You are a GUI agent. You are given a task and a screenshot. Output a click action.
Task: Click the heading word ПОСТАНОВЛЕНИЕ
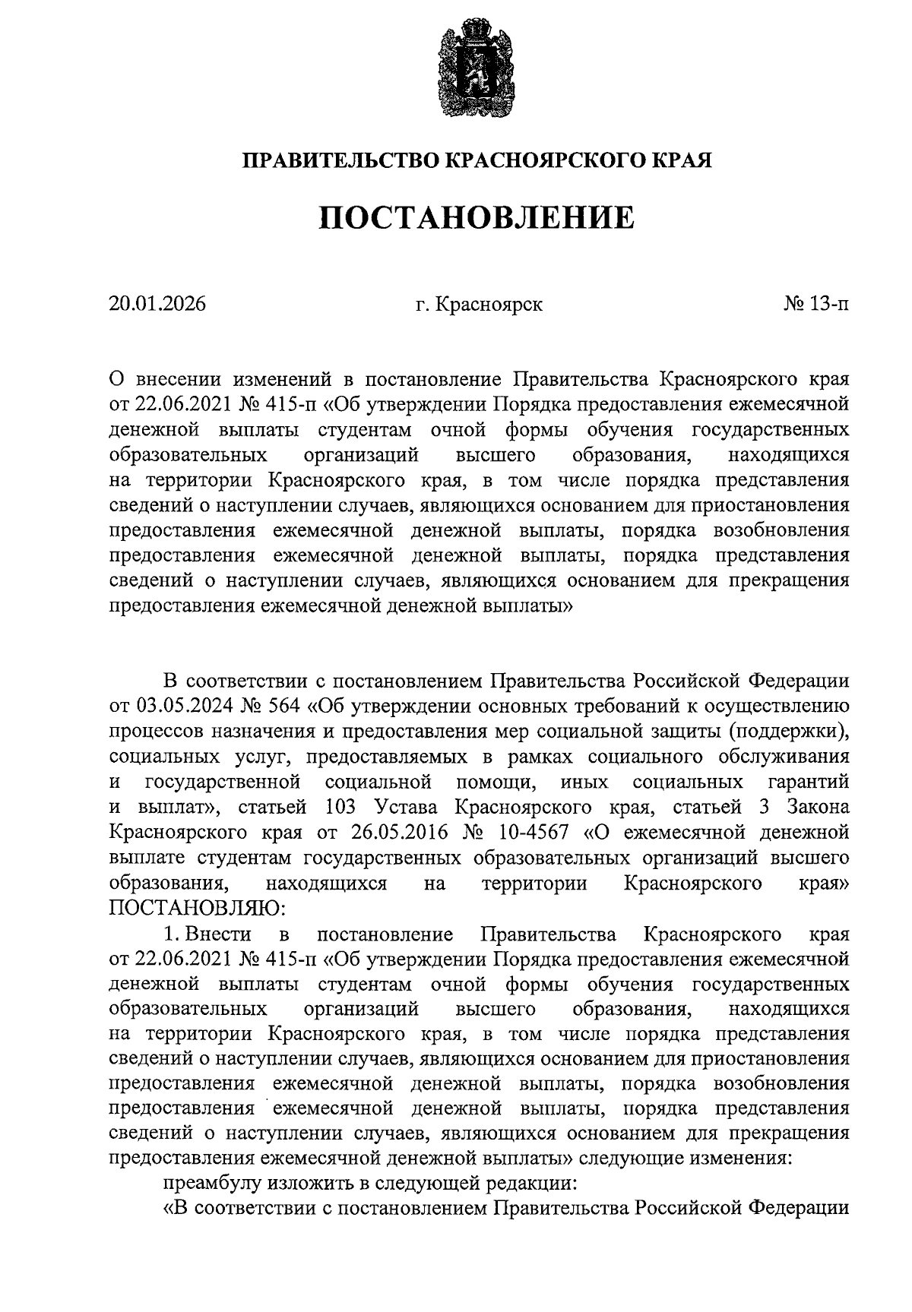click(x=476, y=219)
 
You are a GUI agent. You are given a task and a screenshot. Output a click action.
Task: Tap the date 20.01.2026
click(x=157, y=305)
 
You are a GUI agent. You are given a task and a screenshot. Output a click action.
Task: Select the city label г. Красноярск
click(x=479, y=305)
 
